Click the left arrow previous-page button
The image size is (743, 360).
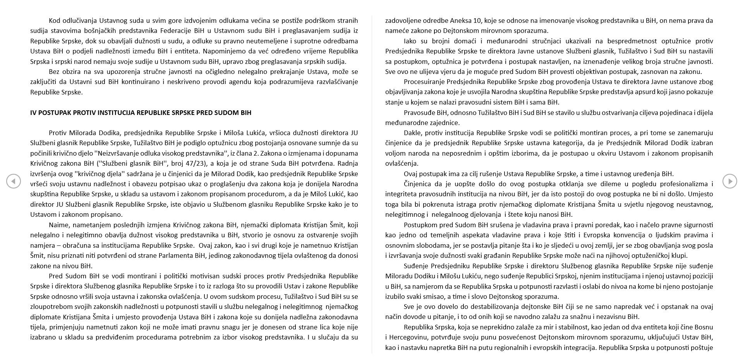click(x=14, y=181)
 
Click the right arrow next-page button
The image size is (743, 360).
click(x=729, y=181)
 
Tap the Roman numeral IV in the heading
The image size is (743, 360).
click(x=33, y=113)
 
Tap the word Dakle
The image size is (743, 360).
click(x=413, y=133)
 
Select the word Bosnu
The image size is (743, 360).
click(x=704, y=327)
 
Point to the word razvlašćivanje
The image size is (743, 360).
click(x=335, y=82)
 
